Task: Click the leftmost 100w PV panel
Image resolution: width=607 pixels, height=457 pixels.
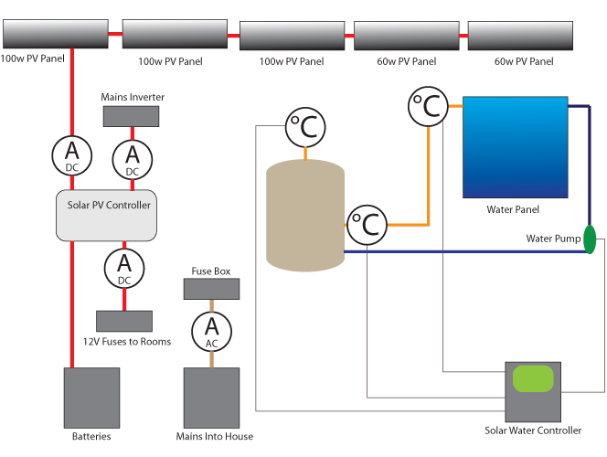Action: click(x=56, y=35)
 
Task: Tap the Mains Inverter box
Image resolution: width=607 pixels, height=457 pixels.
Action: click(x=130, y=116)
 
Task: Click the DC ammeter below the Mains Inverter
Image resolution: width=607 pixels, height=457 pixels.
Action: click(x=132, y=158)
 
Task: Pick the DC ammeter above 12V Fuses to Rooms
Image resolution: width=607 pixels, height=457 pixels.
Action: click(x=124, y=268)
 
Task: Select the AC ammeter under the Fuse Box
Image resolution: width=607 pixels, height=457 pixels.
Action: click(x=212, y=330)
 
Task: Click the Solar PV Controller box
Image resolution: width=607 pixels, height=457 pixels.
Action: click(x=108, y=216)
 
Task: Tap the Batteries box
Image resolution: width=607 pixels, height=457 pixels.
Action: click(x=91, y=398)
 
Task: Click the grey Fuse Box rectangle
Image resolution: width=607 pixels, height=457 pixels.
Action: click(x=212, y=289)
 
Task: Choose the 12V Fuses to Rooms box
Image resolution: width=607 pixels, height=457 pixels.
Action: click(x=124, y=321)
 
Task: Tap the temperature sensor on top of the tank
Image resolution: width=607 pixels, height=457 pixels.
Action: click(x=304, y=129)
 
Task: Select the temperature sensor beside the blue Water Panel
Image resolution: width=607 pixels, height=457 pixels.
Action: click(x=428, y=107)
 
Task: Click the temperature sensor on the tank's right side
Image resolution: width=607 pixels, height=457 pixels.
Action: click(x=367, y=224)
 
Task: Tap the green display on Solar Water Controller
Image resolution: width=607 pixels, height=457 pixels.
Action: click(x=533, y=377)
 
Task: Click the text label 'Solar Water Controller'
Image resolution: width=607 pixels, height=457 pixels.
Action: click(x=533, y=430)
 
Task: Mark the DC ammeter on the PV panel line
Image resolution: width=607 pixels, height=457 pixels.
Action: click(x=71, y=154)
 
